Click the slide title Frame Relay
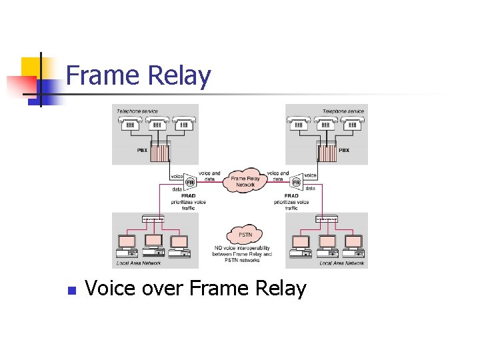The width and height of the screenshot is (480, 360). click(138, 75)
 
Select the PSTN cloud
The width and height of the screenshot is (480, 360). click(245, 235)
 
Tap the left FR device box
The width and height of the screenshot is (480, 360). click(189, 182)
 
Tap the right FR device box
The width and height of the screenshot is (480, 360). click(296, 182)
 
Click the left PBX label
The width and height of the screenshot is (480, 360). click(142, 151)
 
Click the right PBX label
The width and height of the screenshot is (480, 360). click(344, 151)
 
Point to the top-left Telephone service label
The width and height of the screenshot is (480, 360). click(137, 111)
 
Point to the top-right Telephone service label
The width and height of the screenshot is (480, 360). click(343, 111)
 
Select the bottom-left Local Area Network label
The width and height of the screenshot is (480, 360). click(137, 263)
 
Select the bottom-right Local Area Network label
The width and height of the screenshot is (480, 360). click(342, 263)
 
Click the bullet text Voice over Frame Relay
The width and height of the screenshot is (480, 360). click(195, 289)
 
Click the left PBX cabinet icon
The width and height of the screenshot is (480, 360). click(160, 152)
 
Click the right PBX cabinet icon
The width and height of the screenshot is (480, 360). click(327, 152)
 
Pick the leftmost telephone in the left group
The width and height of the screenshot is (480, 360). click(131, 124)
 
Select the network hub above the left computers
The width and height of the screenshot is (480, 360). click(153, 219)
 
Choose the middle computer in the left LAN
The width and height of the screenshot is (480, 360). click(154, 245)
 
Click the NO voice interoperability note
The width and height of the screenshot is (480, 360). click(243, 253)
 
